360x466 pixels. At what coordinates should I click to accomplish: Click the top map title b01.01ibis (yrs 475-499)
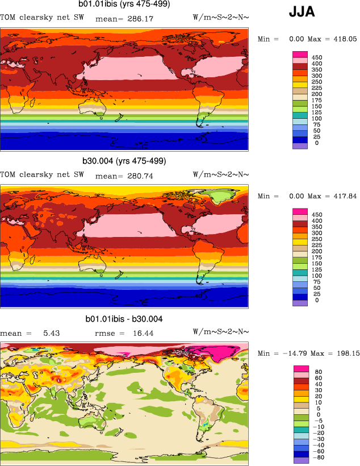click(x=124, y=5)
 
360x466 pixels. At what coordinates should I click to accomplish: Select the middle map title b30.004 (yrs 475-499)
click(x=124, y=161)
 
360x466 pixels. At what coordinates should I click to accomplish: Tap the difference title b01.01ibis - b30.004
click(x=124, y=319)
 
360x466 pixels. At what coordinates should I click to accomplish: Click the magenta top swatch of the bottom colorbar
click(x=300, y=369)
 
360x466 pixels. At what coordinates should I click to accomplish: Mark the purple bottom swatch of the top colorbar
click(x=300, y=145)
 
